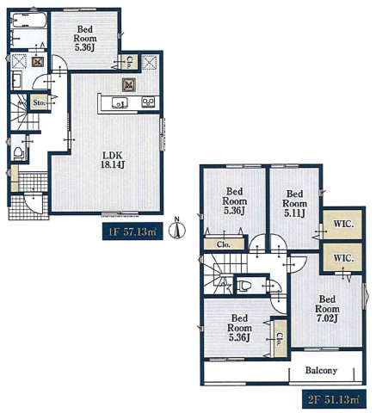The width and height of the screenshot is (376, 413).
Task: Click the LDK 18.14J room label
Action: [x=112, y=160]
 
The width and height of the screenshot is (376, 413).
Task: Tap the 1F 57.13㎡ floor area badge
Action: [x=133, y=231]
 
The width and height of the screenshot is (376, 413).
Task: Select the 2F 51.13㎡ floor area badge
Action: [x=334, y=399]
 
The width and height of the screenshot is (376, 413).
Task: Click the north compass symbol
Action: [x=177, y=229]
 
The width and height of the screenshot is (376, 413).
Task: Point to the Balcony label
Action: [x=321, y=370]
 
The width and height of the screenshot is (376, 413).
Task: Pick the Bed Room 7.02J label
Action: [x=327, y=309]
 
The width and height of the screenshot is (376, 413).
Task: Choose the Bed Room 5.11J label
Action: [x=294, y=203]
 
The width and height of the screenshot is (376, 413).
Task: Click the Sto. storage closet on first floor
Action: [x=39, y=102]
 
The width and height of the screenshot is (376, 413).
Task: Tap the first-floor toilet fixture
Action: [x=19, y=153]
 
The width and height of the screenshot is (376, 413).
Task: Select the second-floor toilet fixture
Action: [x=243, y=286]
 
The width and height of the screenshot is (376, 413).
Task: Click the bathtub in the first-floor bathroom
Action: [x=29, y=21]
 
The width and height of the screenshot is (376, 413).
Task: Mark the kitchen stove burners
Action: [x=148, y=102]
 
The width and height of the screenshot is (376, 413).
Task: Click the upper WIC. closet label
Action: [x=343, y=224]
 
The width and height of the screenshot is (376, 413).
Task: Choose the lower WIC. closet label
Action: [x=343, y=258]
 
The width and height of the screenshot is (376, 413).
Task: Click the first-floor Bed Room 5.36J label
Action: [x=85, y=38]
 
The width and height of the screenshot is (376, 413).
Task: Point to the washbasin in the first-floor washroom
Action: [x=17, y=81]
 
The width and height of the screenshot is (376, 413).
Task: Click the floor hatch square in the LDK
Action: [x=129, y=85]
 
